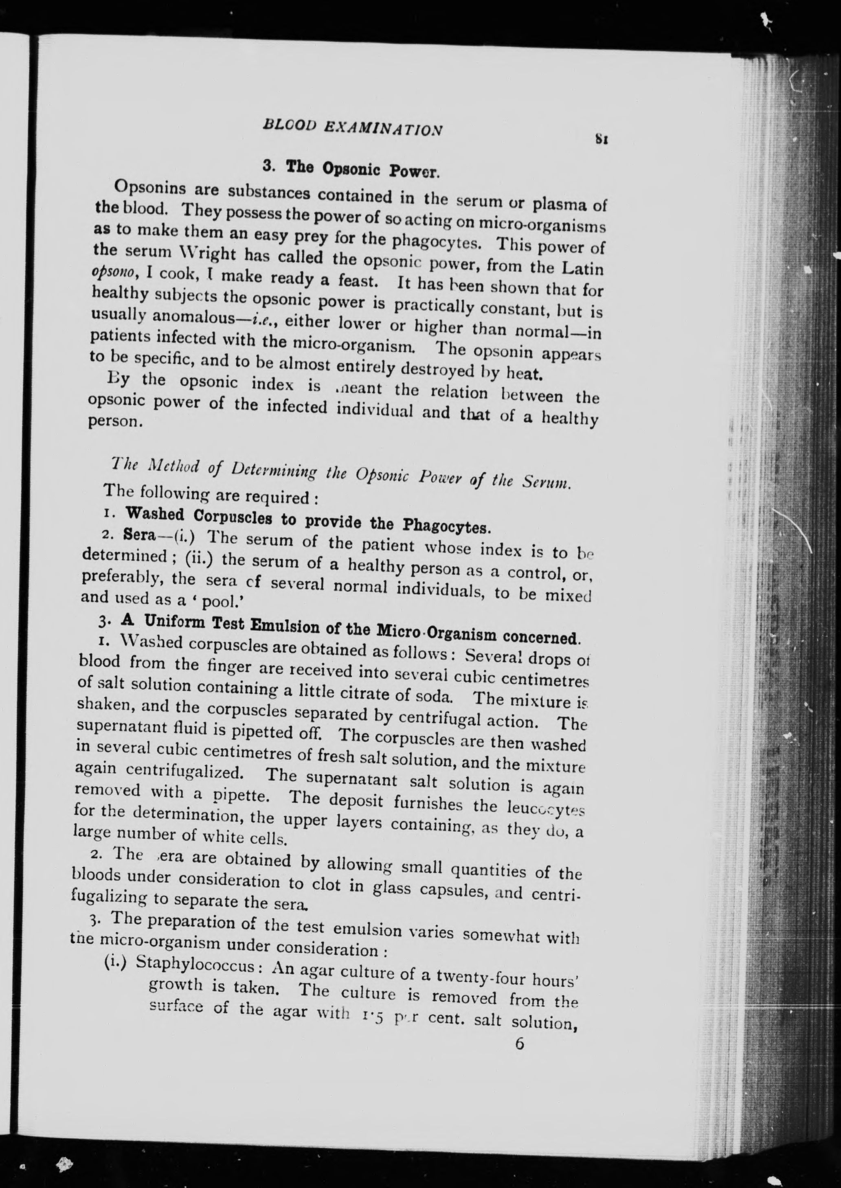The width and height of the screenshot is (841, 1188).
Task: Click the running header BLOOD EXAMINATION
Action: tap(352, 128)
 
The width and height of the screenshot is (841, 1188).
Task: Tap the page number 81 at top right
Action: tap(601, 139)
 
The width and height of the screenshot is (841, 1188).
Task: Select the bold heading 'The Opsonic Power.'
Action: tap(351, 169)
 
